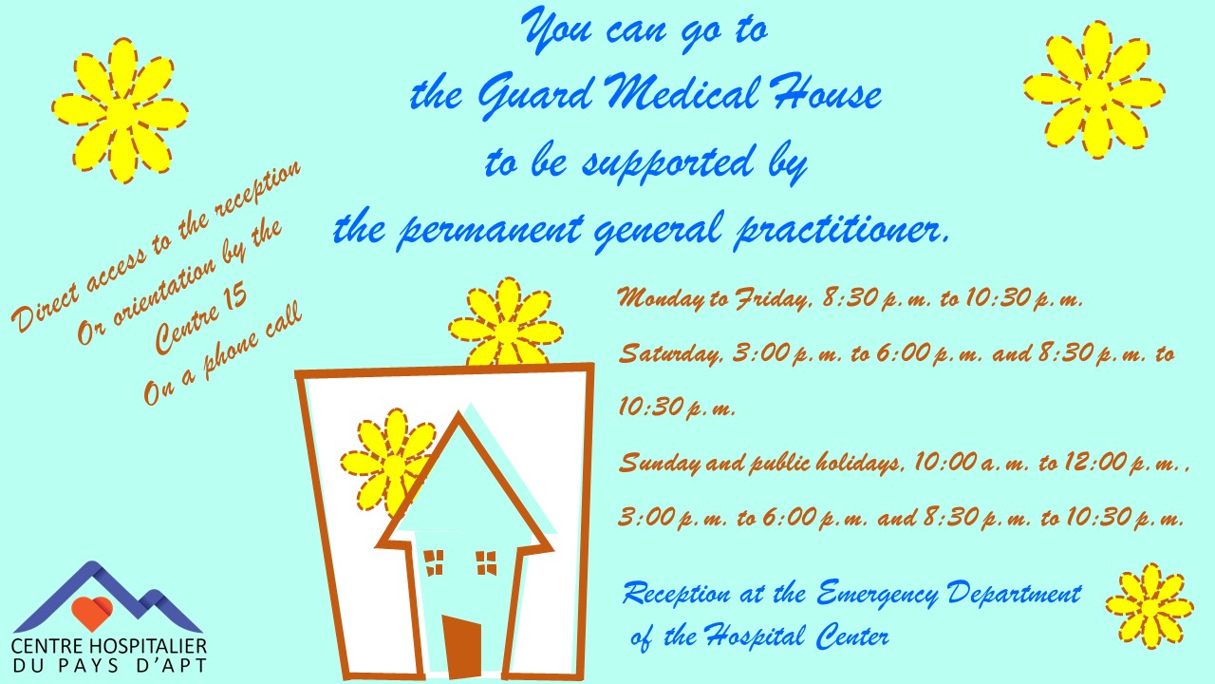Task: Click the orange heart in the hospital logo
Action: pyautogui.click(x=92, y=613)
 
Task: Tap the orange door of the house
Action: pyautogui.click(x=461, y=646)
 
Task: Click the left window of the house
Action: pyautogui.click(x=434, y=562)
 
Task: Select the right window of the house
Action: pyautogui.click(x=486, y=563)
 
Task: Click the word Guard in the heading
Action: pyautogui.click(x=534, y=96)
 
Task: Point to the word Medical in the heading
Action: pyautogui.click(x=682, y=91)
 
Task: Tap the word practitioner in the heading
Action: pyautogui.click(x=842, y=229)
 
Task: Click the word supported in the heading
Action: pyautogui.click(x=668, y=162)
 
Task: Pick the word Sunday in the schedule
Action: pyautogui.click(x=659, y=463)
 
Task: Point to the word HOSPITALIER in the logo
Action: pyautogui.click(x=147, y=647)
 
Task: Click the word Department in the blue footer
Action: pyautogui.click(x=1015, y=594)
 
